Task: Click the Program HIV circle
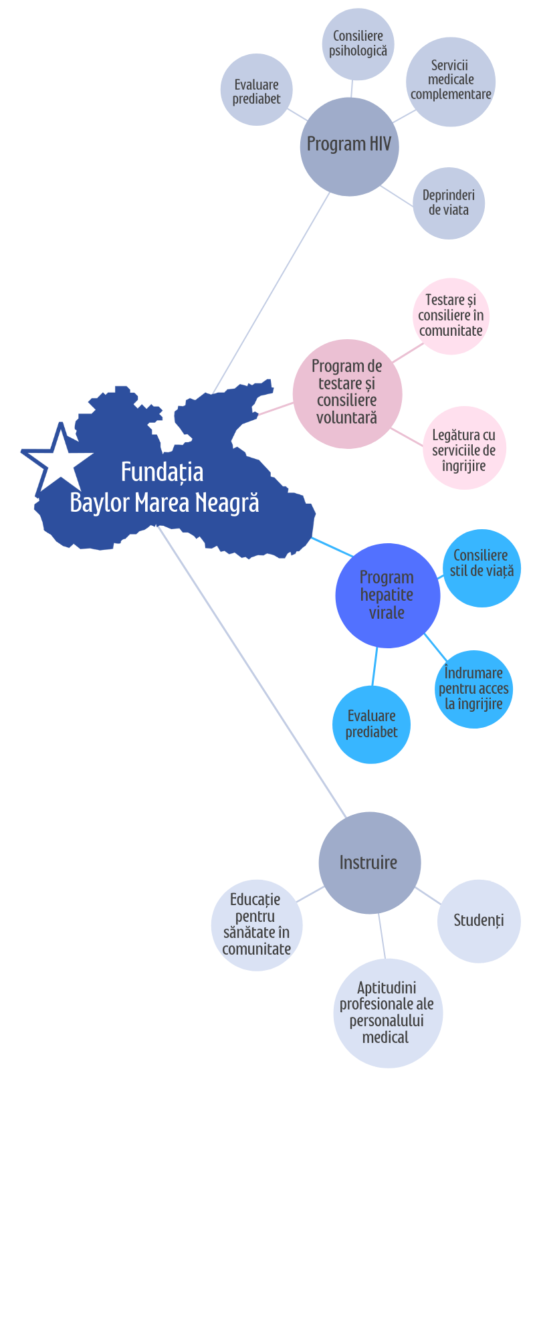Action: (349, 147)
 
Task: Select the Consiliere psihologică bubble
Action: (358, 43)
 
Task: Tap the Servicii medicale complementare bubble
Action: (451, 81)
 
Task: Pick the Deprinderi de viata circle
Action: (449, 203)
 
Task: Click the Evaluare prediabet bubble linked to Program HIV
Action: (256, 90)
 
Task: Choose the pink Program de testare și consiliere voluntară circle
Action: (347, 393)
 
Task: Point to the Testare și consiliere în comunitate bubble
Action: (451, 316)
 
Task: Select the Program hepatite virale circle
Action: (387, 595)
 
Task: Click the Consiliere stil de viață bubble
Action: (481, 568)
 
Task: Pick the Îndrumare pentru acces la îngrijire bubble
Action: (474, 689)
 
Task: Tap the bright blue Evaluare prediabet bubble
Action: (371, 725)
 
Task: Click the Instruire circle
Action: (369, 862)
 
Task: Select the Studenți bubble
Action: (479, 921)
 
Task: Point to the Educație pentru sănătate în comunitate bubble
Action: (256, 925)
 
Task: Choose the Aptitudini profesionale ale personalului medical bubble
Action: (387, 1013)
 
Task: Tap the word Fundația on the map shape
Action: (162, 472)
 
